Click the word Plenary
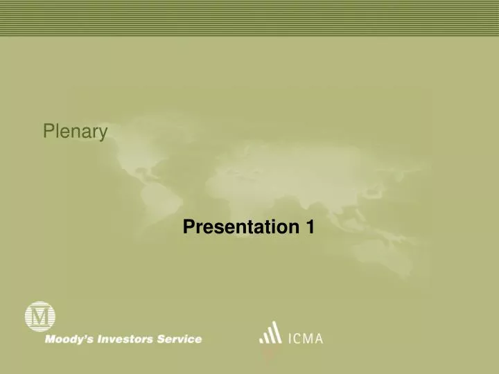[x=75, y=131]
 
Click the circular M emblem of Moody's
[x=40, y=317]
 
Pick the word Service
[x=179, y=339]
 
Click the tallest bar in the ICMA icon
[x=277, y=332]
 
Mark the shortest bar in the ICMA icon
[x=261, y=339]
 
